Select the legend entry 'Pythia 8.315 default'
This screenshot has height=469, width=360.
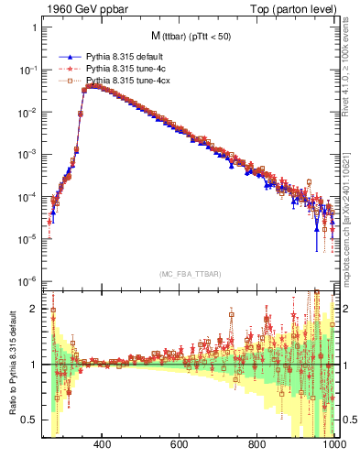point(125,56)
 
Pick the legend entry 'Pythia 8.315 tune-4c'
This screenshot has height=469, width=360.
point(126,69)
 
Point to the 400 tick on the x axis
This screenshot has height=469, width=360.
point(103,449)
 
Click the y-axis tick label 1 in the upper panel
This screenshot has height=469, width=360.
point(34,27)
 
